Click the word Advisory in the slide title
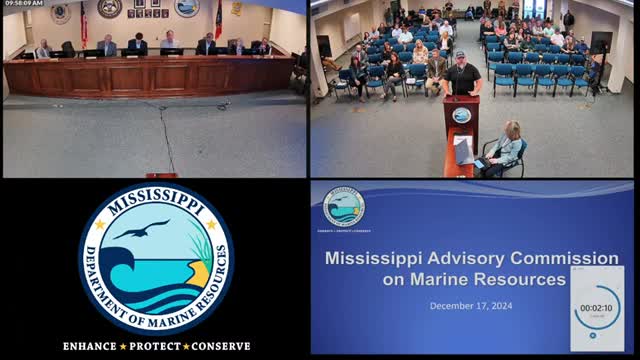pos(458,259)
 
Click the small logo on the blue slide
pos(344,207)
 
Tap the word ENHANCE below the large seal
pos(90,346)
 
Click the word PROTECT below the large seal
pos(156,346)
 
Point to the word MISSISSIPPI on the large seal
pos(156,197)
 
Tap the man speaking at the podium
pos(464,77)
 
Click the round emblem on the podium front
pos(461,115)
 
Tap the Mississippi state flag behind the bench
pos(218,20)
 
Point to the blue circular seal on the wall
pos(186,8)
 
